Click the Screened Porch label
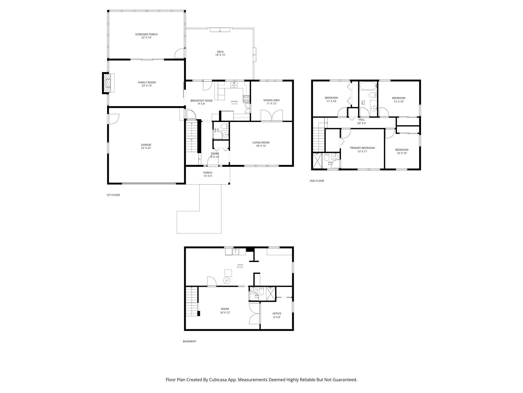(146, 36)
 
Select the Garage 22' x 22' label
(146, 146)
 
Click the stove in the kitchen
(246, 99)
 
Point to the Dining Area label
(271, 102)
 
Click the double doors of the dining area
(272, 116)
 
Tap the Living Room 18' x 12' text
(261, 144)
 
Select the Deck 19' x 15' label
(220, 53)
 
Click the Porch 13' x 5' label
(208, 174)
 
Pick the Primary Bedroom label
(362, 150)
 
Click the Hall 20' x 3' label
(361, 121)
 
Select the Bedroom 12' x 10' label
(399, 100)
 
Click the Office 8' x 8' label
(277, 315)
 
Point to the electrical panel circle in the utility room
(227, 281)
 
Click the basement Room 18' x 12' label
(225, 311)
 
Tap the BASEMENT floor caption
(189, 341)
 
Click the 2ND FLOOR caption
(317, 181)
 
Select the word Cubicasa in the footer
(219, 380)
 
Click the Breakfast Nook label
(201, 102)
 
